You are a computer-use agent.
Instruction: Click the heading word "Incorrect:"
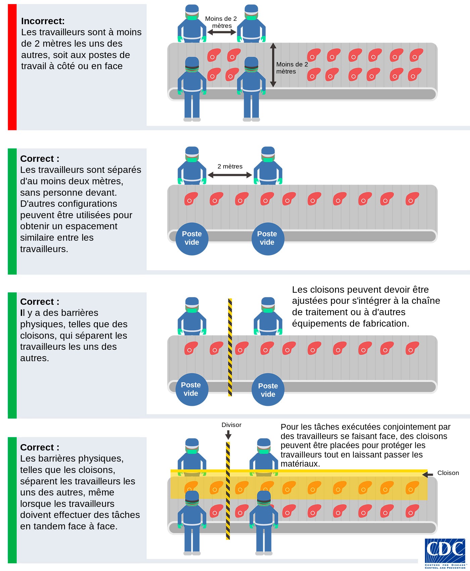click(x=43, y=21)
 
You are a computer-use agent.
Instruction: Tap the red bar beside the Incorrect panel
click(x=12, y=67)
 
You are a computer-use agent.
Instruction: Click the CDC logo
click(x=445, y=553)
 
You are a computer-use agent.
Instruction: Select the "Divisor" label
click(x=231, y=425)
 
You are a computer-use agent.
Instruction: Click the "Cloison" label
click(x=448, y=473)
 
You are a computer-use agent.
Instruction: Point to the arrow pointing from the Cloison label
click(x=427, y=475)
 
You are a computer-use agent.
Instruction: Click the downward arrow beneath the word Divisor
click(x=228, y=435)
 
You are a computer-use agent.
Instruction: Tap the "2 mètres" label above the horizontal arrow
click(x=230, y=166)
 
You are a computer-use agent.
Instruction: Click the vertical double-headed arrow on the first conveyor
click(x=273, y=65)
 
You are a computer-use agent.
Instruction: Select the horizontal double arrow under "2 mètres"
click(x=230, y=175)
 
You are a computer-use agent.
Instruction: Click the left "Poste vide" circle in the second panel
click(x=192, y=238)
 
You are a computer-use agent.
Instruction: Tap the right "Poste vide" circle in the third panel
click(x=268, y=390)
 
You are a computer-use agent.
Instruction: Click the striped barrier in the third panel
click(x=230, y=347)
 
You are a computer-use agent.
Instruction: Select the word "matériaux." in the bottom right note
click(x=300, y=464)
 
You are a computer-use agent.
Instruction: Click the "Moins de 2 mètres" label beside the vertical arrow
click(x=291, y=68)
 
